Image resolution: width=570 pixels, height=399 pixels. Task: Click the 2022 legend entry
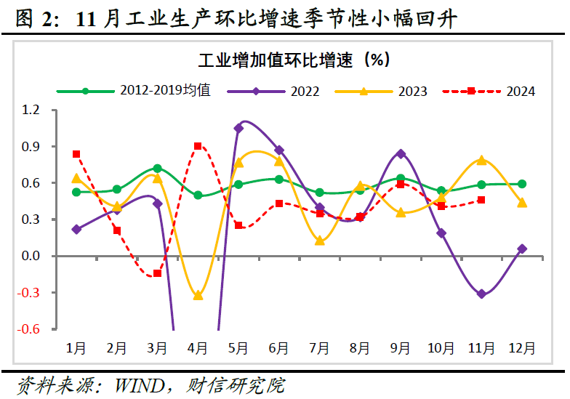[x=305, y=92]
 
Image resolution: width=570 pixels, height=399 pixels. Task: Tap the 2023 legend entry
[x=412, y=92]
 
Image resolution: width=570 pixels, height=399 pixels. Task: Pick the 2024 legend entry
[x=521, y=92]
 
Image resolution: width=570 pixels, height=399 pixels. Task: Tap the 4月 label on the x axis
[x=198, y=348]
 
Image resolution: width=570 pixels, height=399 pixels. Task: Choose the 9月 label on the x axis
[x=401, y=348]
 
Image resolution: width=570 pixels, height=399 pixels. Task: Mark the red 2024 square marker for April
[x=198, y=146]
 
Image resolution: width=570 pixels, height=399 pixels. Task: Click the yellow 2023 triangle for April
[x=198, y=295]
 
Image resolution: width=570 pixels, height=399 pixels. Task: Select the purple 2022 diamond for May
[x=238, y=128]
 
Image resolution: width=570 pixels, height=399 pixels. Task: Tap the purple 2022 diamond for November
[x=481, y=294]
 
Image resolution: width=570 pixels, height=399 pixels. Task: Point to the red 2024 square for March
[x=157, y=273]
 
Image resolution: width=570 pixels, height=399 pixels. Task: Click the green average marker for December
[x=522, y=185]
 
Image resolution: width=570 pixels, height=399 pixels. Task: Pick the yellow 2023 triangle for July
[x=320, y=241]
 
